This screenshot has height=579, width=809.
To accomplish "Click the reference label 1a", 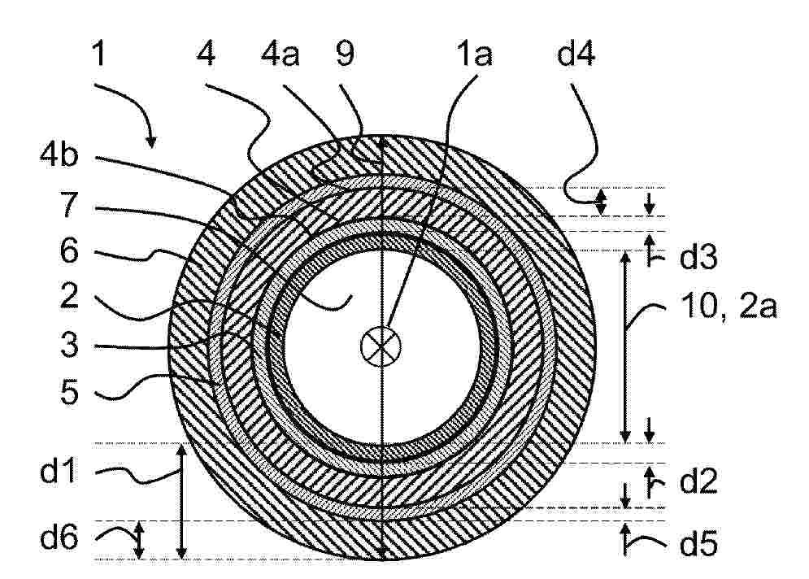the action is pos(474,54).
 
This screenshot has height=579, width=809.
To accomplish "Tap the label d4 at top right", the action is pos(576,54).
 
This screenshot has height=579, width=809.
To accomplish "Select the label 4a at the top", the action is pos(281,54).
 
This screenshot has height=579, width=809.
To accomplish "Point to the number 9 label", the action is pos(346,54).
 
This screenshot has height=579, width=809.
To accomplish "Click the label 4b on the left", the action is pos(59,153).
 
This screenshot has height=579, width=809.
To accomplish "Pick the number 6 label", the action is pos(69,250).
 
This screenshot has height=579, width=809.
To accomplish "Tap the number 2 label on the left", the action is pos(69,296).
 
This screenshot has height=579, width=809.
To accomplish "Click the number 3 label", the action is pos(69,344).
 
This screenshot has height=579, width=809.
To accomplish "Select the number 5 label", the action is pos(69,392).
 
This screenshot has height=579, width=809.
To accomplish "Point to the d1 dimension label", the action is pos(59,471).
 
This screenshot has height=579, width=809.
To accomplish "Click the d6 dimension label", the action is pos(59,537).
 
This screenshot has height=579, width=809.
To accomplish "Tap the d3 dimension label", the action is pos(698,258).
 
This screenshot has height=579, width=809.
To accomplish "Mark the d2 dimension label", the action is pos(698,481).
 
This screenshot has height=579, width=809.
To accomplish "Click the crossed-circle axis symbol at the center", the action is pos(381,346).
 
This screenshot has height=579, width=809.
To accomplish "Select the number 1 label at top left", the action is pos(98,54).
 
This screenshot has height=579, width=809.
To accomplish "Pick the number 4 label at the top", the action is pos(206,54).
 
